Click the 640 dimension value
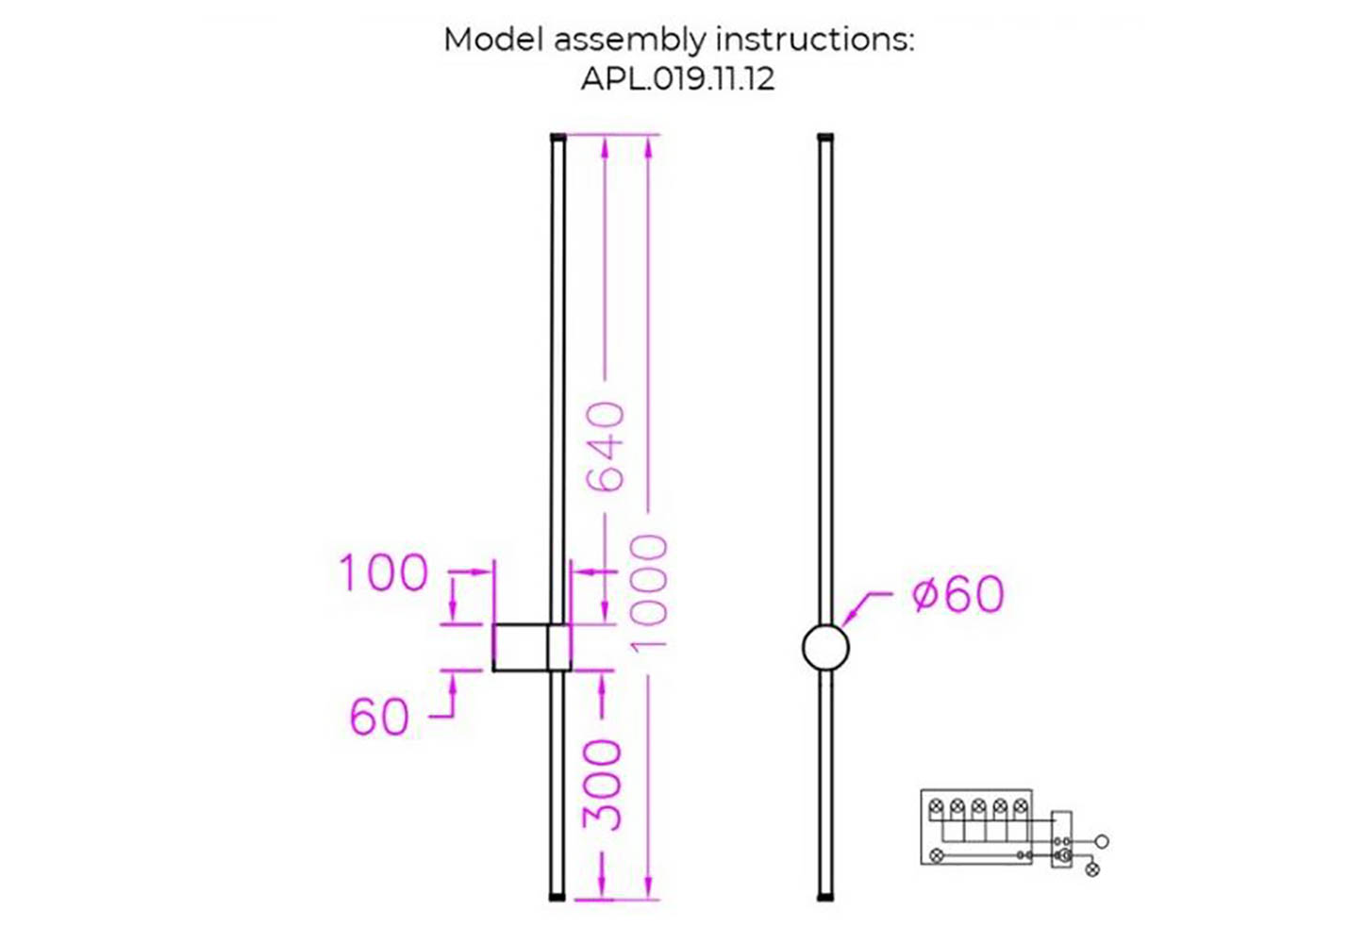606,446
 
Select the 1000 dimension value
649,592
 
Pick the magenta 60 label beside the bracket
379,717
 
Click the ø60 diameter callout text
958,594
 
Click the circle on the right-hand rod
825,648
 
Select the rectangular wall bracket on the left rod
531,647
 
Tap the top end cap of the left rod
558,138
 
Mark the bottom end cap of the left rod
558,896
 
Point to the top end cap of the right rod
825,138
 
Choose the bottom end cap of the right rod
825,896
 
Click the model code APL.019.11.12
677,78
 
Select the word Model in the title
493,40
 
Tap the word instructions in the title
814,40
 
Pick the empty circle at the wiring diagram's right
1102,840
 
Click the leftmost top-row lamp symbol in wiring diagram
937,807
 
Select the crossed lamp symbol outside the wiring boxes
1092,869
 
